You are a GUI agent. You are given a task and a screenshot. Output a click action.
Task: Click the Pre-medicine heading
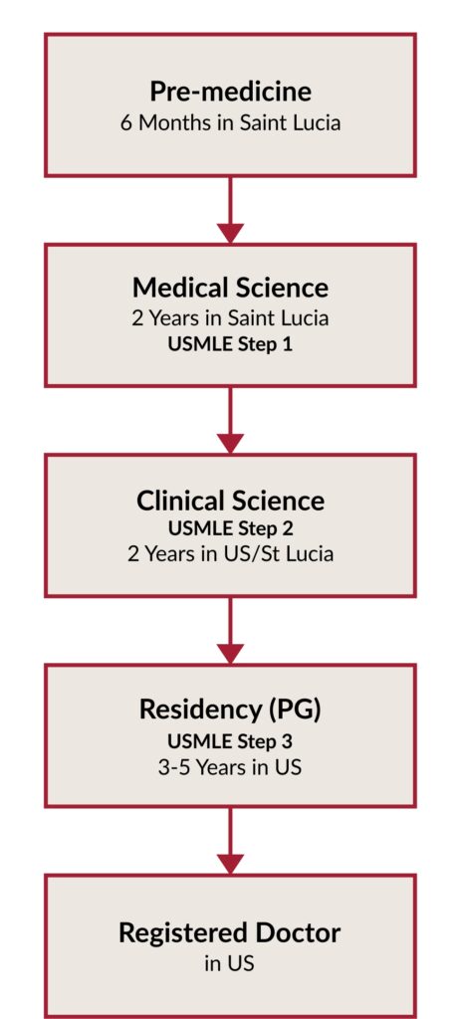pos(230,92)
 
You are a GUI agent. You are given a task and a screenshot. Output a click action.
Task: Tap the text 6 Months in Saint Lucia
pos(230,122)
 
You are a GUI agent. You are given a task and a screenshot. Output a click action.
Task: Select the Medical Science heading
pos(230,288)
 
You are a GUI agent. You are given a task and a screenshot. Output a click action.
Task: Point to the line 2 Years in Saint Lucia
pos(230,318)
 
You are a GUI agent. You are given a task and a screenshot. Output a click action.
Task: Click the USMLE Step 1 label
pos(230,343)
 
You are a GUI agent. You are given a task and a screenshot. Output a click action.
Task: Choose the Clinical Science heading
pos(230,501)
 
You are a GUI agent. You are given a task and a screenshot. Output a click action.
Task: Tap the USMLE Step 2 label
pos(230,528)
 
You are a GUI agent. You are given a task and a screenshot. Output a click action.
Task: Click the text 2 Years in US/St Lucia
pos(230,554)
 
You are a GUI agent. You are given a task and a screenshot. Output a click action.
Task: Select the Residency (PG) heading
pos(230,711)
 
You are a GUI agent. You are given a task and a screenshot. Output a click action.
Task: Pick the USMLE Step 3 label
pos(230,740)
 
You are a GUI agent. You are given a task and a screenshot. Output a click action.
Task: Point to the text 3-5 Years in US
pos(230,767)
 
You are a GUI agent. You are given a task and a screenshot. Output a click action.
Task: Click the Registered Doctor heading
pos(230,933)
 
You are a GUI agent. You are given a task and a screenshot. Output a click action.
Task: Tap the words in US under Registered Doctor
pos(230,963)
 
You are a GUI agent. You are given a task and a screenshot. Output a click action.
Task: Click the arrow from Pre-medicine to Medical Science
pos(230,210)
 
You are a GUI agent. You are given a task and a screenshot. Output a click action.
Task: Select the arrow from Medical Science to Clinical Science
pos(230,420)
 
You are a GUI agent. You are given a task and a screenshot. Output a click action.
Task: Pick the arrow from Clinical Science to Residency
pos(230,630)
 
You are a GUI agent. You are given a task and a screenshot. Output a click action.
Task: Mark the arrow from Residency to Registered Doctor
pos(230,841)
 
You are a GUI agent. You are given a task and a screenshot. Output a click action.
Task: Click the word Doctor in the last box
pos(298,933)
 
